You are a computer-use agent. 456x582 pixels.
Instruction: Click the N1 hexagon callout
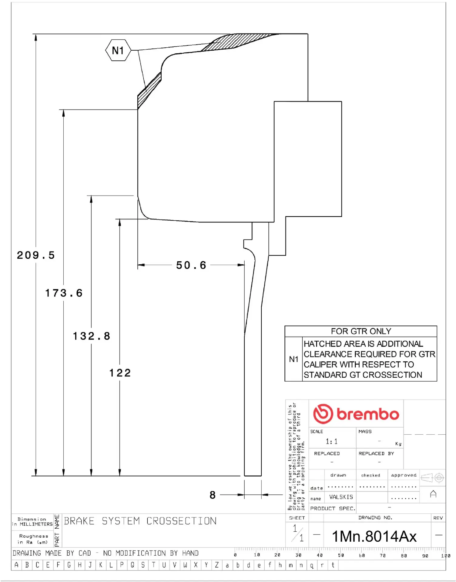(118, 50)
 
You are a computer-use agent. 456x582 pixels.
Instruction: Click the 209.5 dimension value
(36, 255)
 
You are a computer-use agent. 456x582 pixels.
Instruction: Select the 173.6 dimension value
(64, 293)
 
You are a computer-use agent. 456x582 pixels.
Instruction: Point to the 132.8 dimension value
(91, 336)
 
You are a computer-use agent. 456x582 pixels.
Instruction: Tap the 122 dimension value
(120, 373)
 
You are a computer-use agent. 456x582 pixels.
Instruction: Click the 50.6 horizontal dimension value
(191, 265)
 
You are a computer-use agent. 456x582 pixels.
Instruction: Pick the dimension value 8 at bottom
(213, 495)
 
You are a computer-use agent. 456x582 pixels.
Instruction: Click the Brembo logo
(356, 414)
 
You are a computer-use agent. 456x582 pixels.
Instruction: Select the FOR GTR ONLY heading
(361, 331)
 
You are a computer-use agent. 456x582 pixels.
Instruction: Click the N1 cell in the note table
(293, 359)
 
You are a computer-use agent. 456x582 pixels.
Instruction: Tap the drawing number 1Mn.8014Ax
(374, 536)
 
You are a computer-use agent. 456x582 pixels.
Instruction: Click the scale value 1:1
(331, 441)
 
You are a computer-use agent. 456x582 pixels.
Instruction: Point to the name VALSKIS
(341, 497)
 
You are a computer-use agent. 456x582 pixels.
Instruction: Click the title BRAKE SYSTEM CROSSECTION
(140, 521)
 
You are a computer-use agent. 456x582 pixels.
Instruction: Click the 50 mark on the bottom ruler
(341, 555)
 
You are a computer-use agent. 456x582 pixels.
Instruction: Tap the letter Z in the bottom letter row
(217, 565)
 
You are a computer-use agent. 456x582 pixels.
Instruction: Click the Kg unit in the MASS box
(398, 444)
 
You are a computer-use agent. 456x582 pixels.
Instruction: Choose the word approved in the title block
(404, 475)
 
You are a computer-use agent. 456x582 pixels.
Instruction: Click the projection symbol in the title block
(433, 478)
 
